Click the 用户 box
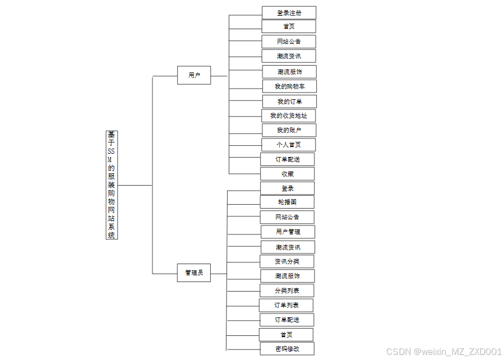tap(194, 75)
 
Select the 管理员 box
tap(194, 273)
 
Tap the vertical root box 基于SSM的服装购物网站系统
tap(112, 185)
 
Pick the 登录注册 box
tap(289, 13)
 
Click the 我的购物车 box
tap(289, 86)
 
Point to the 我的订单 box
tap(289, 101)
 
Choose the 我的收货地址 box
tap(289, 116)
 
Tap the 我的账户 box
tap(289, 130)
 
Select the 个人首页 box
tap(288, 145)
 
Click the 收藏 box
tap(287, 174)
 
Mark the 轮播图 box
tap(287, 202)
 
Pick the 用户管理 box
tap(288, 232)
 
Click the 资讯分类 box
tap(286, 261)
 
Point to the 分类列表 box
tap(286, 290)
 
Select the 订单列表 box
tap(286, 305)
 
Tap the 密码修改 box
tap(286, 349)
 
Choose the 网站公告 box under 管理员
tap(287, 217)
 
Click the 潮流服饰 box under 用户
tap(289, 72)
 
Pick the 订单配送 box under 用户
tap(287, 159)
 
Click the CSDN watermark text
tap(443, 352)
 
